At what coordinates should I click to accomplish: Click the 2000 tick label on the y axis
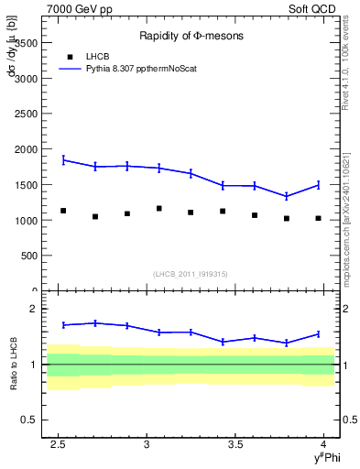[27, 149]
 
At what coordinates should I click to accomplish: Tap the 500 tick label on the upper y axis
[30, 256]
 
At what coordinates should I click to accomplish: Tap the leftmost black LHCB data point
[63, 211]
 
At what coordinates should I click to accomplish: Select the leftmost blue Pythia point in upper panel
[63, 159]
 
